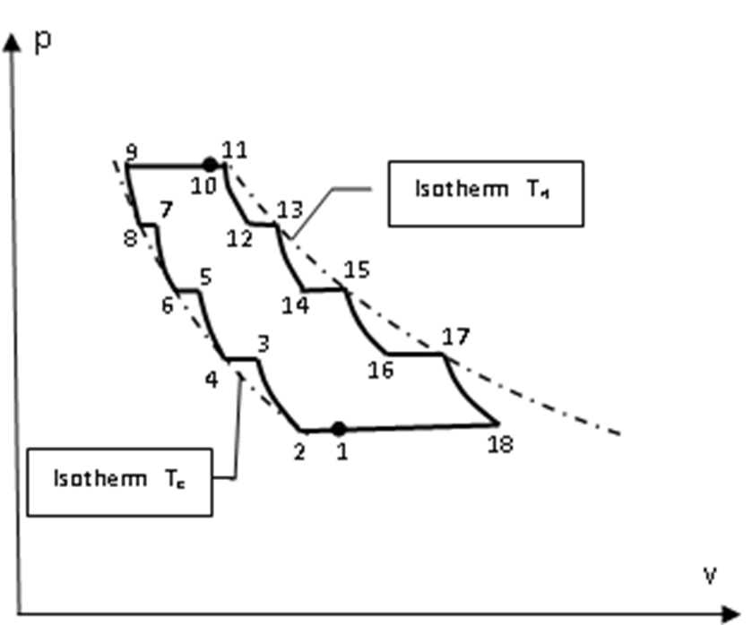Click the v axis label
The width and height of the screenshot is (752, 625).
click(x=710, y=574)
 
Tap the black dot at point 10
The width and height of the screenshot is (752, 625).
click(x=210, y=165)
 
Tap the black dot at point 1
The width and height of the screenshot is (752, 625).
click(x=338, y=429)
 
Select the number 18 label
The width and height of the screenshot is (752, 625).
click(x=499, y=444)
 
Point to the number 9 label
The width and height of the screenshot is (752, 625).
click(x=133, y=150)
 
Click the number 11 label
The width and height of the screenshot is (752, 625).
click(x=236, y=150)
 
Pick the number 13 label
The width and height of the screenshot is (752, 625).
click(x=290, y=210)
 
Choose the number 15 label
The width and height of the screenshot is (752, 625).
click(x=358, y=270)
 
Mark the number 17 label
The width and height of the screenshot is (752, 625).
click(x=456, y=337)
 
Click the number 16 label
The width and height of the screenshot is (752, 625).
click(x=381, y=369)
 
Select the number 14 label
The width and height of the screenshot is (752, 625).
click(x=295, y=305)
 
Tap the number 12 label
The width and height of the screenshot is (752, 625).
click(x=239, y=239)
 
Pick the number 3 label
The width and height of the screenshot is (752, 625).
click(x=263, y=343)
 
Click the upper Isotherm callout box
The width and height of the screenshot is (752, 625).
click(x=485, y=193)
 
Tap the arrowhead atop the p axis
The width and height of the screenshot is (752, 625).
click(x=13, y=43)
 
